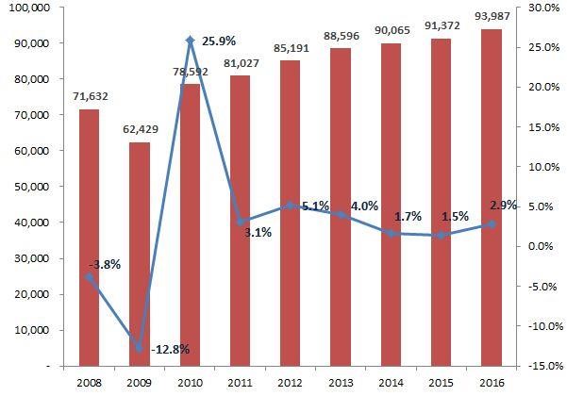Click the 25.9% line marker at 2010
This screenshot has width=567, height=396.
[x=190, y=41]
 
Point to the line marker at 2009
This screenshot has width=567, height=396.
[x=139, y=348]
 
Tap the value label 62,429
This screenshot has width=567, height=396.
[x=139, y=129]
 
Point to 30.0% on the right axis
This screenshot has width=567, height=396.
[x=544, y=8]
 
